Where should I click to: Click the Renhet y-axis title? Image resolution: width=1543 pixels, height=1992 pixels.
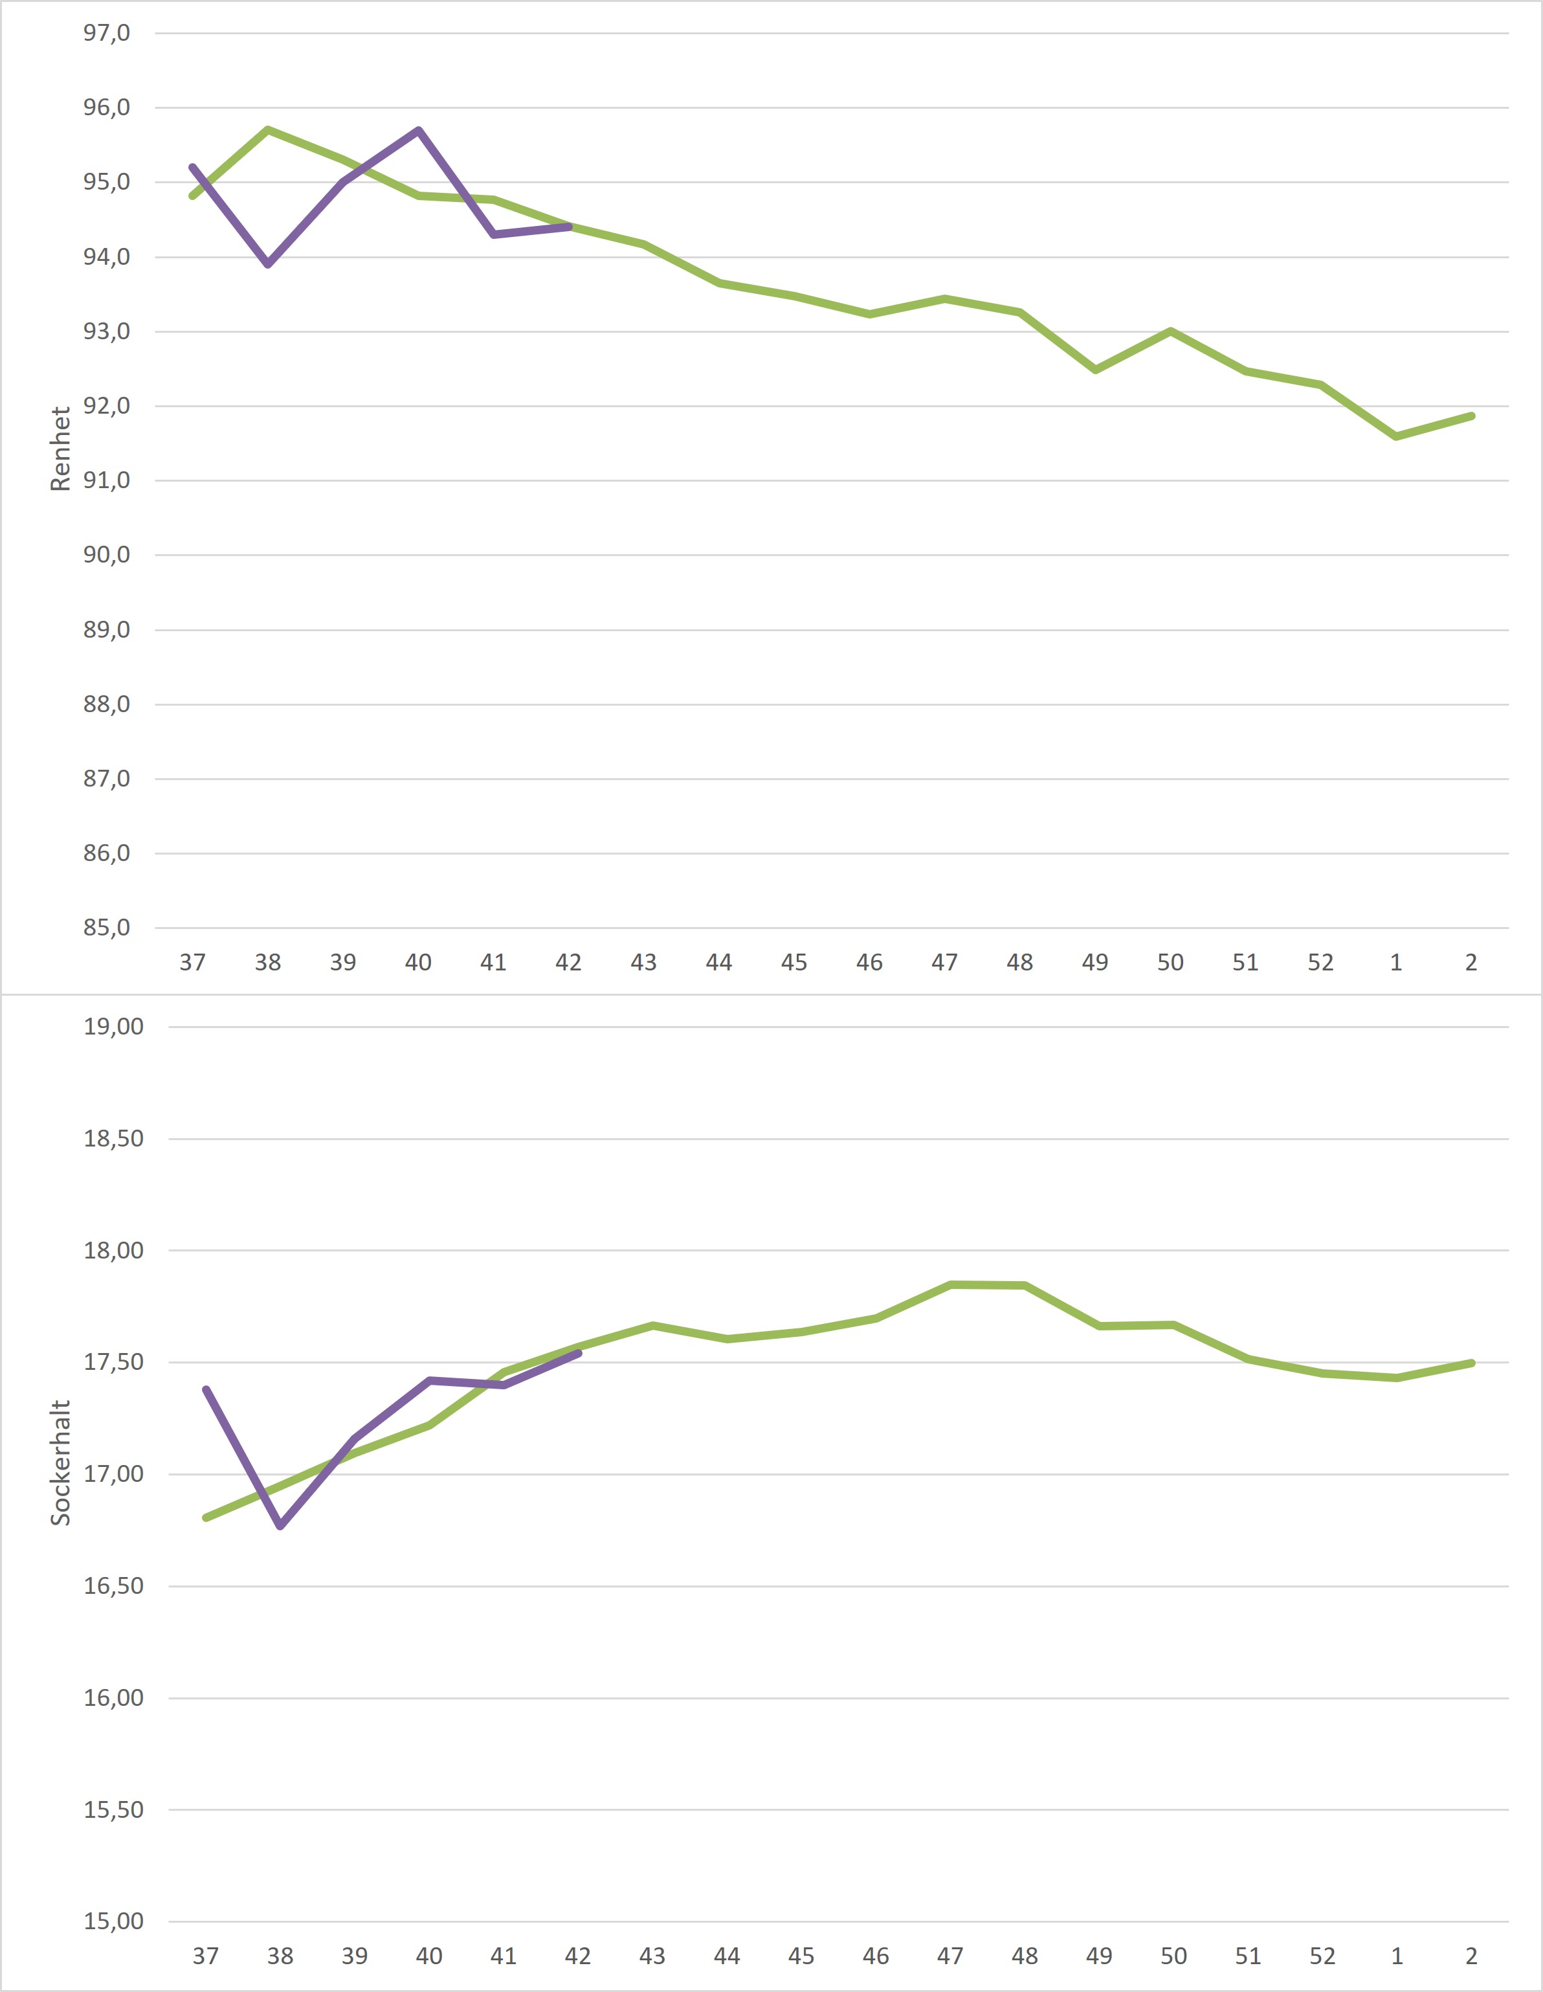click(x=60, y=449)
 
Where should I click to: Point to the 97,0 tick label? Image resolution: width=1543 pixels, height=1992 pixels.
click(x=107, y=34)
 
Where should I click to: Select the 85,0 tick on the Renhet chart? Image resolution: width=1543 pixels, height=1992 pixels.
click(x=107, y=928)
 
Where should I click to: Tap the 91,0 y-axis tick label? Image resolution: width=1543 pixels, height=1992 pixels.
click(x=107, y=480)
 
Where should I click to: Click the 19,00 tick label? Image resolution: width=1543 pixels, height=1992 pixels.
click(x=114, y=1027)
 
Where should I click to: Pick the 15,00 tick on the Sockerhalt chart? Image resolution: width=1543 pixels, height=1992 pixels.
click(x=114, y=1922)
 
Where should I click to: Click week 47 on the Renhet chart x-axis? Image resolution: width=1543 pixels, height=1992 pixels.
click(x=945, y=962)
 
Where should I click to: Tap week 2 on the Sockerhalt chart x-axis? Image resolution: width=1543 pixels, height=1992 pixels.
click(x=1471, y=1956)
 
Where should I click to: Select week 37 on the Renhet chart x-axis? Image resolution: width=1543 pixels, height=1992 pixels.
click(x=192, y=962)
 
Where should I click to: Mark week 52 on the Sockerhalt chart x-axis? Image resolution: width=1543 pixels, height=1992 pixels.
click(x=1322, y=1956)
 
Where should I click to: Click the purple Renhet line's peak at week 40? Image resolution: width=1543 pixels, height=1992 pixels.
click(x=419, y=130)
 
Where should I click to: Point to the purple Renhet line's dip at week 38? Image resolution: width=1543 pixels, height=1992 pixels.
click(x=268, y=265)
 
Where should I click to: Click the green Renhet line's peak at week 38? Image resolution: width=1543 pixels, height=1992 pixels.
click(x=268, y=129)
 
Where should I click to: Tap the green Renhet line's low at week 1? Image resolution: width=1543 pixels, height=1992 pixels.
click(x=1396, y=437)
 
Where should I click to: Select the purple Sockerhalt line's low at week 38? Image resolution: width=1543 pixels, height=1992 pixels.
click(x=280, y=1526)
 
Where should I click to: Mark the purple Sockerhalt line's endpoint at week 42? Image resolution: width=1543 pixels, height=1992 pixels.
click(x=578, y=1354)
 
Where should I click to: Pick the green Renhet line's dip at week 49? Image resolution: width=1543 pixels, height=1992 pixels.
click(x=1095, y=370)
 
